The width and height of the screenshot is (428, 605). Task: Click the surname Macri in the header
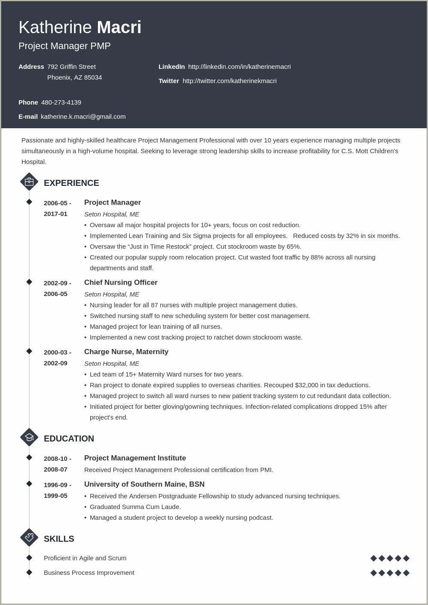coord(119,28)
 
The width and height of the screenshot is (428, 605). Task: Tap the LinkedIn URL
coord(239,67)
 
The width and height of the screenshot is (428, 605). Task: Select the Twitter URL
coord(229,81)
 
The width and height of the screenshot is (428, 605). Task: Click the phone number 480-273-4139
coord(61,102)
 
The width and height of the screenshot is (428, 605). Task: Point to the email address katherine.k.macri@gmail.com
coord(83,117)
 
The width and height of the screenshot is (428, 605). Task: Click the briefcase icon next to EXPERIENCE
coord(29,182)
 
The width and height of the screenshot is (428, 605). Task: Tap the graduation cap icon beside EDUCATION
coord(29,438)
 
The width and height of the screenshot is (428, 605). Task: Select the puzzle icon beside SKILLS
coord(29,538)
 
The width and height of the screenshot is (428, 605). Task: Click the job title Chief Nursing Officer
coord(121,283)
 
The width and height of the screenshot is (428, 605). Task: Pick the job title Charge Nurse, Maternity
coord(126,352)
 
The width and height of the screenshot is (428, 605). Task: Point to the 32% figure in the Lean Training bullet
coord(352,236)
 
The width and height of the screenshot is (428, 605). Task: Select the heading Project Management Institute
coord(135,458)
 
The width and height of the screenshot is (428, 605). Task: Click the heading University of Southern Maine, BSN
coord(144,485)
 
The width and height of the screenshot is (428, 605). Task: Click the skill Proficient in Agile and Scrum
coord(85,558)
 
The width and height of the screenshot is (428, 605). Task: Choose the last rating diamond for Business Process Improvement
coord(406,573)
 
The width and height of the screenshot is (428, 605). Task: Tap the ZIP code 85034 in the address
coord(93,77)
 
